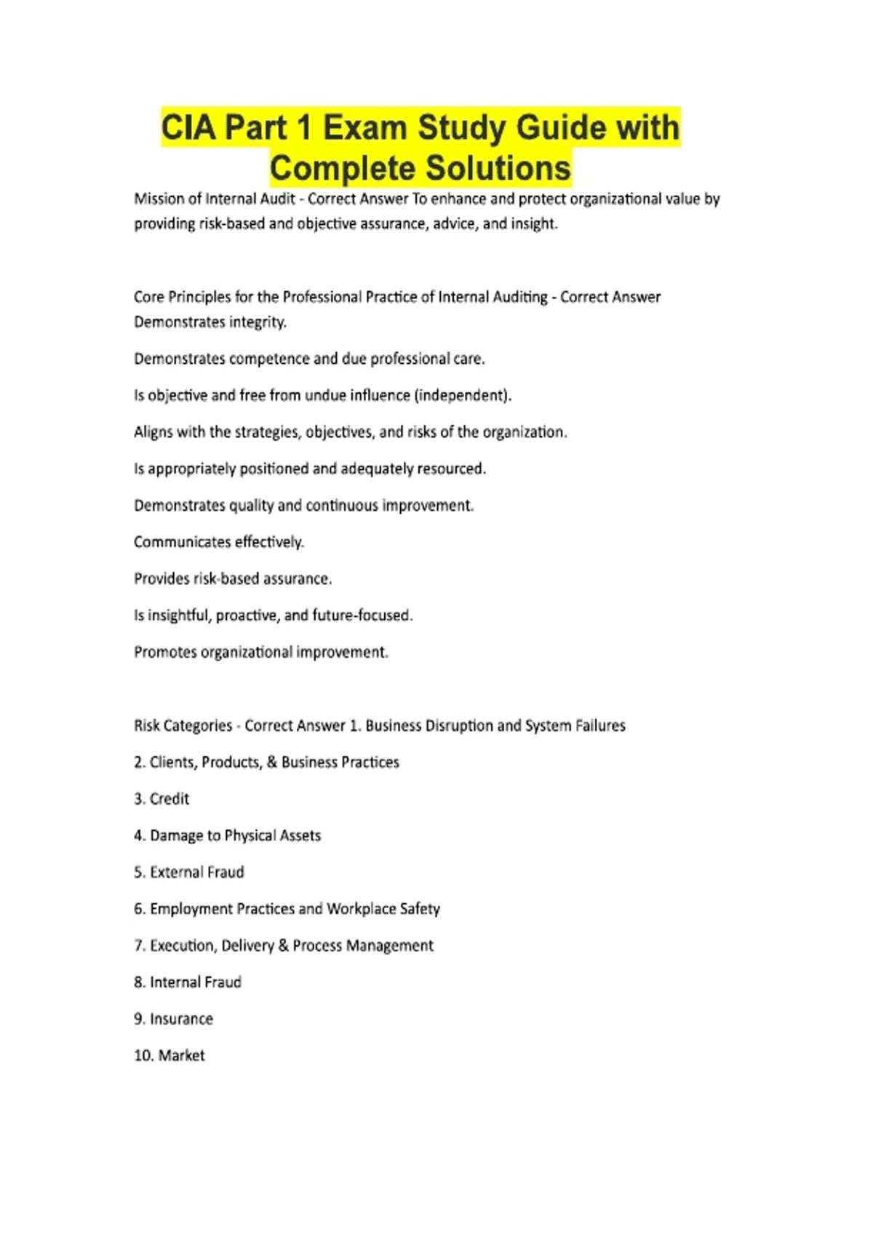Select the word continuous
coord(342,506)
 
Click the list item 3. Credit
coord(162,799)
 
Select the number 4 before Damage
coord(138,836)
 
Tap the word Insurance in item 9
coord(181,1019)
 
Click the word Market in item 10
coord(181,1056)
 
